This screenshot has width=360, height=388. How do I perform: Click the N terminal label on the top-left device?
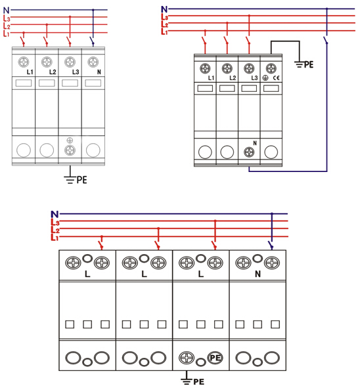[x=99, y=72]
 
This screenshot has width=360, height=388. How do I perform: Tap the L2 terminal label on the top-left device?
[x=53, y=72]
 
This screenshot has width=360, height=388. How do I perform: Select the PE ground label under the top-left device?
[x=81, y=180]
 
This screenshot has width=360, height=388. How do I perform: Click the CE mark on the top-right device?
[x=277, y=78]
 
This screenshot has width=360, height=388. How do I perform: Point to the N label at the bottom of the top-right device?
[x=255, y=143]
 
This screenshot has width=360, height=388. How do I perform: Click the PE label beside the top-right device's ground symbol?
[x=309, y=64]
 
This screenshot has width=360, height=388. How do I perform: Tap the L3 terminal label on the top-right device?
[x=254, y=78]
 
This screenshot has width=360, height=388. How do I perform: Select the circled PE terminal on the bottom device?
[x=215, y=358]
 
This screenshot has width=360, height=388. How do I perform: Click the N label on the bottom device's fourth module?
[x=258, y=274]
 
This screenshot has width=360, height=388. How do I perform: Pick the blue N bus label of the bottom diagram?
[x=55, y=214]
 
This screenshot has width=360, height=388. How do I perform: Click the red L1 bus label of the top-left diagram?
[x=6, y=33]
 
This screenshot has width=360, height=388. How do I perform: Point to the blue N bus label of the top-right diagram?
[x=164, y=9]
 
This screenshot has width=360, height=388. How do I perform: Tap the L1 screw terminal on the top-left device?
[x=24, y=62]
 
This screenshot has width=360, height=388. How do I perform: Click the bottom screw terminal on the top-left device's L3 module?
[x=70, y=150]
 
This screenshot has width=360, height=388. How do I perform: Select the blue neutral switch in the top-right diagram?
[x=326, y=40]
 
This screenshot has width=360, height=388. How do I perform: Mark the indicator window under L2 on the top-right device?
[x=227, y=89]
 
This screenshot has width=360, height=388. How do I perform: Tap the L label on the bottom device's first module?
[x=87, y=274]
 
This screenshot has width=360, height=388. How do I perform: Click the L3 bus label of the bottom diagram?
[x=55, y=222]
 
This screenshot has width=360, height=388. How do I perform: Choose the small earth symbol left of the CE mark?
[x=265, y=78]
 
